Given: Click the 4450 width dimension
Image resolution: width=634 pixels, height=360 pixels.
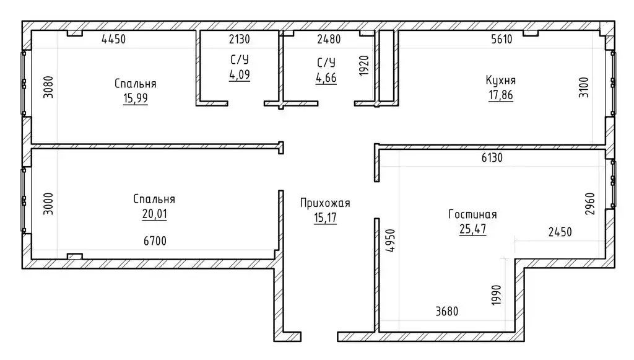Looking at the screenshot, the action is [114, 39].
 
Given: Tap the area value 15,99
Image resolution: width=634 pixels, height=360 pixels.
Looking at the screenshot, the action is [136, 99].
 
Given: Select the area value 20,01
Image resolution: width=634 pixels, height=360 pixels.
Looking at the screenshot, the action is [154, 214].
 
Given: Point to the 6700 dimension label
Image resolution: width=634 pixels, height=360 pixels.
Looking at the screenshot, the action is [155, 241].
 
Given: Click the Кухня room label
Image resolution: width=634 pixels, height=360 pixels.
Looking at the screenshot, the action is [500, 81].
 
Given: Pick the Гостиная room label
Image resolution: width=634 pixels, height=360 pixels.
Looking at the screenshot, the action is [472, 214].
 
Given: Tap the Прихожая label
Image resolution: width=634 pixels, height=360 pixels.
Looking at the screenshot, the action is [325, 203].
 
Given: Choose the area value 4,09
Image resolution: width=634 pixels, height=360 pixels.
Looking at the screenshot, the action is [240, 75].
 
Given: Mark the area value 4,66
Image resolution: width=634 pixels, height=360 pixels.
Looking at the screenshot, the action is [326, 77].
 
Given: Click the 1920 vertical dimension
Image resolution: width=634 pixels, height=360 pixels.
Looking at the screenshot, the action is [364, 66].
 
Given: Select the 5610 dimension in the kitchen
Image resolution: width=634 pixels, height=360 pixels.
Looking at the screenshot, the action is [502, 39].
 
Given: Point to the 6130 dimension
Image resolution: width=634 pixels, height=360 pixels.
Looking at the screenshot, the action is [492, 157].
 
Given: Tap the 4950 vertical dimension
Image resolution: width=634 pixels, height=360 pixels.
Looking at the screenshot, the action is [390, 240].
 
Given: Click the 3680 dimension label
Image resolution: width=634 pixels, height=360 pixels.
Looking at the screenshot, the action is [447, 312].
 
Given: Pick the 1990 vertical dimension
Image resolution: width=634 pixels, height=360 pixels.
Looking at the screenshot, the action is [497, 296].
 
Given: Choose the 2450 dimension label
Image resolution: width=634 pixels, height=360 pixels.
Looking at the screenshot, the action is [560, 232].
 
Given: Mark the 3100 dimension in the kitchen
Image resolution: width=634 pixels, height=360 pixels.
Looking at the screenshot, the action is [584, 87].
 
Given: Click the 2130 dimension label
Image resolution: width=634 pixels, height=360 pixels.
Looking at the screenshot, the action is [240, 39].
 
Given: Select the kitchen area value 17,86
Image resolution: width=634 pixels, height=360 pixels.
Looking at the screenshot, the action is [500, 95].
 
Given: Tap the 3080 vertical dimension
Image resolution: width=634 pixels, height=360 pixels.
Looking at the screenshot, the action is [48, 87].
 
